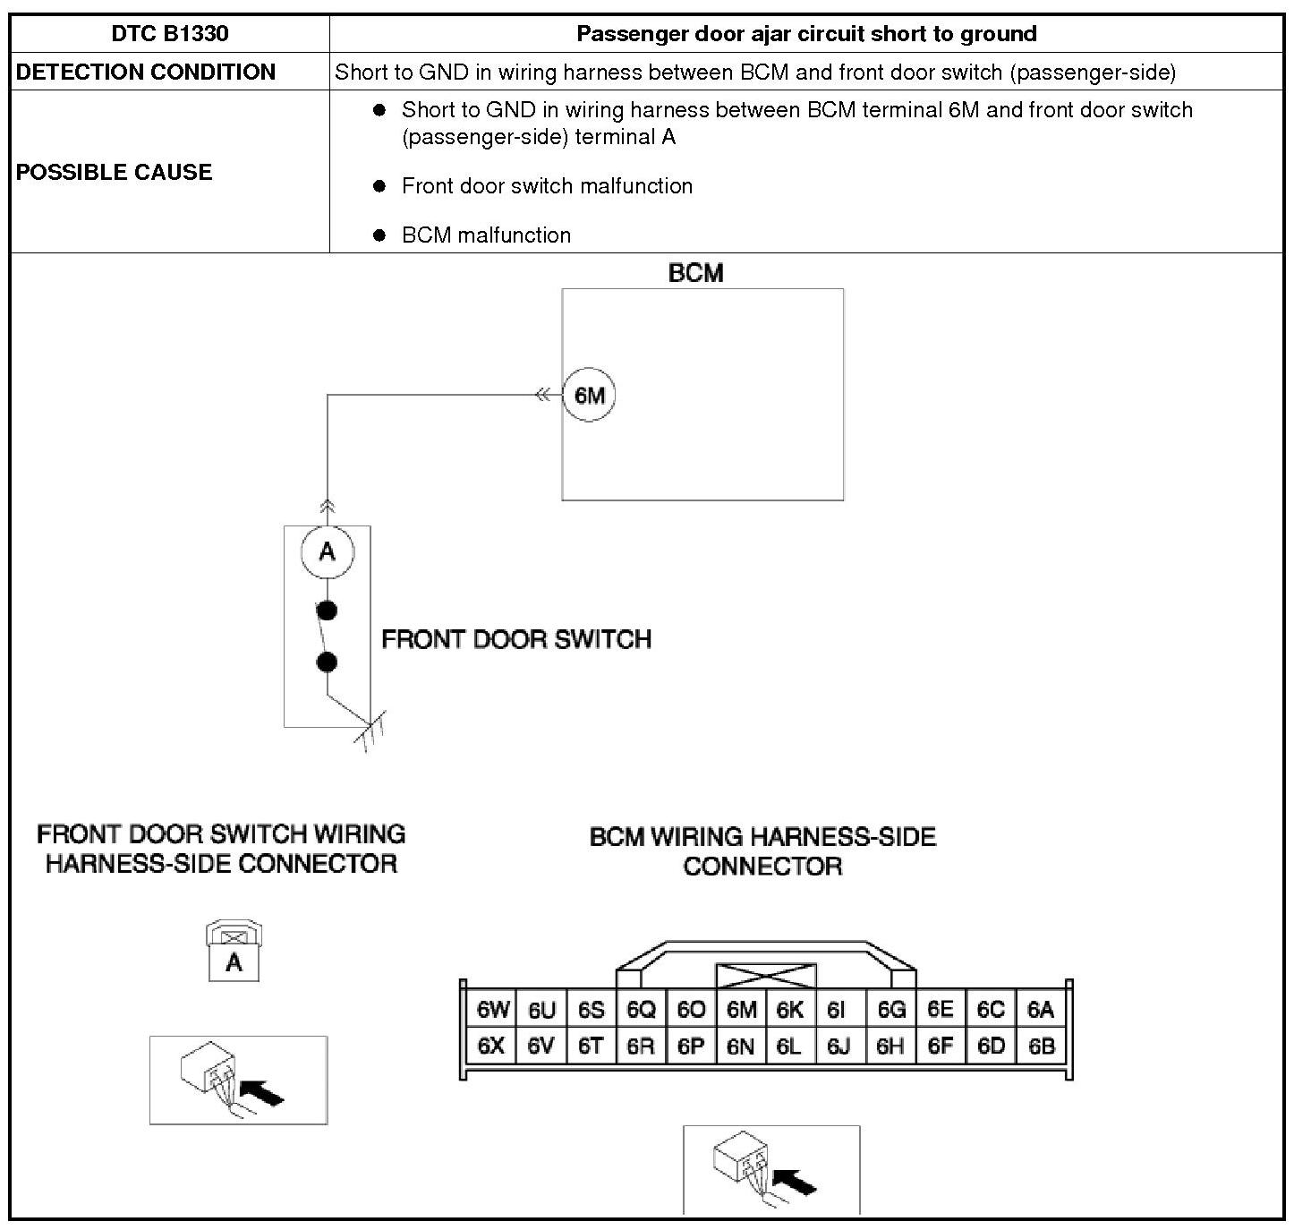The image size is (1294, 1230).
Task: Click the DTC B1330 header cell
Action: [x=170, y=34]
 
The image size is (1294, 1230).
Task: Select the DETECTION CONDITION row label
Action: [x=146, y=72]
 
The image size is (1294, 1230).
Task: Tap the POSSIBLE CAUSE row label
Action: [x=115, y=172]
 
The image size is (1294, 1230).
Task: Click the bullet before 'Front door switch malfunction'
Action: [x=379, y=186]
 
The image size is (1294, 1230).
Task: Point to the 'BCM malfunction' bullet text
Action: [x=486, y=235]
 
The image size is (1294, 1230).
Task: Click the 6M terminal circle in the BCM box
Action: [x=589, y=395]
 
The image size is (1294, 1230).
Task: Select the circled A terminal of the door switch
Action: [x=328, y=551]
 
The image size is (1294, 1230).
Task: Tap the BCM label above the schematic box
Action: [x=695, y=273]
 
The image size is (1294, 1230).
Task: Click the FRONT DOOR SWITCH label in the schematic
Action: [x=516, y=639]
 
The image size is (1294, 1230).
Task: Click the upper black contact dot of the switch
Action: [x=328, y=611]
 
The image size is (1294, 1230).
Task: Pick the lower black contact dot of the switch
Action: [x=328, y=662]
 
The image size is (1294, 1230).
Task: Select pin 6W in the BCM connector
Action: [x=492, y=1011]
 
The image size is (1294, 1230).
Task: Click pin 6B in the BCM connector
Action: [x=1041, y=1046]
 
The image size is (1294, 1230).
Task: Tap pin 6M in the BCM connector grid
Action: [x=741, y=1011]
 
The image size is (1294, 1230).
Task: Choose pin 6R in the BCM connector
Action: [x=641, y=1046]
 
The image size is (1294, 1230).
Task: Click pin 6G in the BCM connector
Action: [x=891, y=1011]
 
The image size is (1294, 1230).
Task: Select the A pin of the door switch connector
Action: [x=234, y=963]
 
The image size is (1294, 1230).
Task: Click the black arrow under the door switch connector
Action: [x=264, y=1091]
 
